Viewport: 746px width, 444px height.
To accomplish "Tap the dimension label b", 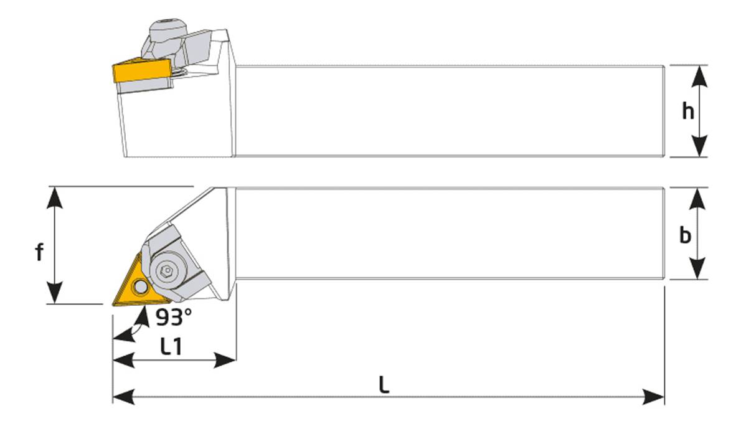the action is tap(685, 235).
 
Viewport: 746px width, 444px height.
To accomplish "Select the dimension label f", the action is tap(39, 252).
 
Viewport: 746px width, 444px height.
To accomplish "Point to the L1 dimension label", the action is tap(171, 346).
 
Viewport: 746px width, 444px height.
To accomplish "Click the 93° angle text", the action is tap(174, 318).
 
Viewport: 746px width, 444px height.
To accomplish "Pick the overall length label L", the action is tap(384, 384).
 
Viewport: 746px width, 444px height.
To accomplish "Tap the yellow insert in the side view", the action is tap(142, 70).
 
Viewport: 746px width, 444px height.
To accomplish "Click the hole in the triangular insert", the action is tap(140, 286).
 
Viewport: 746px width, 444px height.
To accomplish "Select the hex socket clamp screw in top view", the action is tap(167, 272).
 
